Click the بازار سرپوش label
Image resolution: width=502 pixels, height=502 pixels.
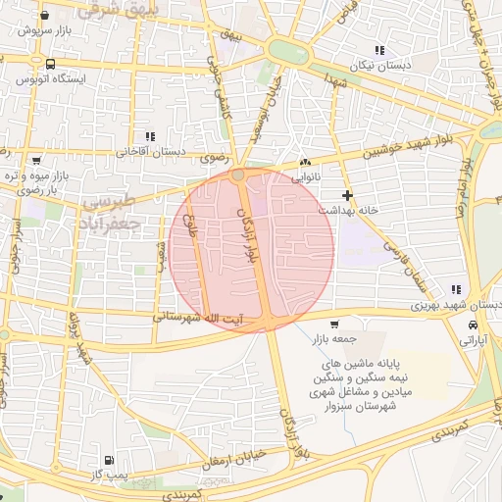click(48, 29)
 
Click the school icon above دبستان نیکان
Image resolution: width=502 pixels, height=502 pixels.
click(378, 50)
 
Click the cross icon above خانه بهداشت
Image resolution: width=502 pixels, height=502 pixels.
click(347, 196)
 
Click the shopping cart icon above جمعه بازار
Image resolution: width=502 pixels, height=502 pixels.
click(334, 325)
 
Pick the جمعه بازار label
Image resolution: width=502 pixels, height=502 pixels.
click(334, 338)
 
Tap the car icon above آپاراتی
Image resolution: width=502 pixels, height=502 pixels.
click(474, 326)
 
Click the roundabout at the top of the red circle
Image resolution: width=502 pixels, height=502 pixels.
click(238, 175)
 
